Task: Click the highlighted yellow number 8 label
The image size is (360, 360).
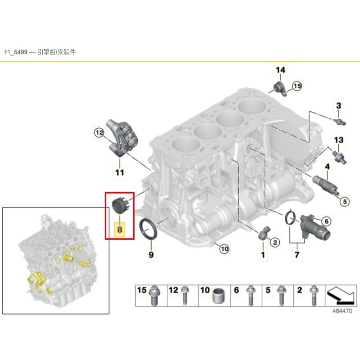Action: click(x=120, y=229)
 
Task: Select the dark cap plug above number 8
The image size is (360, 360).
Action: click(x=120, y=204)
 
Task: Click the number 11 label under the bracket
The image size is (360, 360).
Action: click(x=120, y=172)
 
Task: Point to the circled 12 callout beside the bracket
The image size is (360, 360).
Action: click(x=99, y=133)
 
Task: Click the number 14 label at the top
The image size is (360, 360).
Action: click(x=280, y=70)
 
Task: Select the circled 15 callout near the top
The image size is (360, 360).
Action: click(x=297, y=86)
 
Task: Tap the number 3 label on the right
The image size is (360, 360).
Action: click(x=339, y=105)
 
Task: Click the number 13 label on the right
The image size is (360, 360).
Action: click(x=339, y=140)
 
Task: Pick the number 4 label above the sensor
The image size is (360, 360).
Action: click(x=327, y=167)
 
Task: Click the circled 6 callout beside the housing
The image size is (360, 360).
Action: click(x=326, y=221)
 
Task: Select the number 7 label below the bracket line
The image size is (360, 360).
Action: click(x=297, y=255)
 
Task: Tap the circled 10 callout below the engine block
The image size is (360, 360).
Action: click(x=224, y=249)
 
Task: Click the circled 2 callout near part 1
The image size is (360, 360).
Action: click(x=275, y=242)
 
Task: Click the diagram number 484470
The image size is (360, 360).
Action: click(x=342, y=311)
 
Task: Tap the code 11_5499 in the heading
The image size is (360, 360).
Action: click(x=16, y=52)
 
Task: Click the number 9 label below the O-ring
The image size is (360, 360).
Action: click(x=151, y=255)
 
